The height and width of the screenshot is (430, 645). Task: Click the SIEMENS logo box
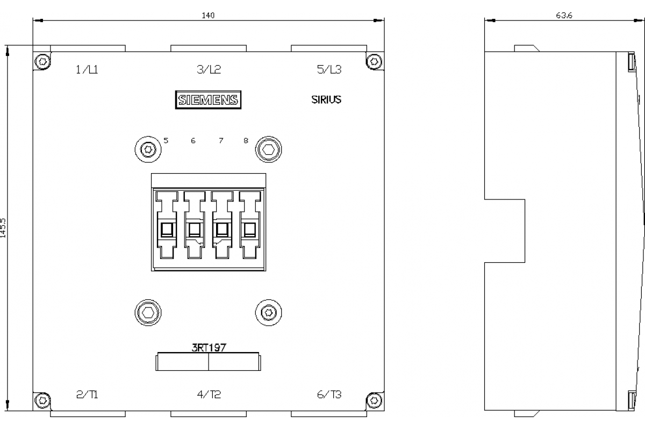pyautogui.click(x=208, y=100)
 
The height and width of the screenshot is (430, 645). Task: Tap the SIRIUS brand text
pyautogui.click(x=326, y=99)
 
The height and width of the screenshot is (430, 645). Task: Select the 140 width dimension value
pyautogui.click(x=208, y=16)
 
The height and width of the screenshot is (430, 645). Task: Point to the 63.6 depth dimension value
pyautogui.click(x=564, y=16)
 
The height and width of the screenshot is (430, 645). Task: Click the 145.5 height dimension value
pyautogui.click(x=3, y=228)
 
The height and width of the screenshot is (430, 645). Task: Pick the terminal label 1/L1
pyautogui.click(x=87, y=70)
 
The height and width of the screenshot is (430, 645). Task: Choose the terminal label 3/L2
pyautogui.click(x=209, y=69)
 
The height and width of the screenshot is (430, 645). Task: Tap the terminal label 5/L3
pyautogui.click(x=329, y=69)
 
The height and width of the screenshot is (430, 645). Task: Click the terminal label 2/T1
pyautogui.click(x=87, y=395)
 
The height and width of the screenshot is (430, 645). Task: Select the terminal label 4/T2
pyautogui.click(x=209, y=395)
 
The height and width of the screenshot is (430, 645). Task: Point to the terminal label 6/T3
pyautogui.click(x=329, y=395)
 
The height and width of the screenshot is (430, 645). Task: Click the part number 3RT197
pyautogui.click(x=209, y=348)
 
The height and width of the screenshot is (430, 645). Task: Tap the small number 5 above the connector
pyautogui.click(x=166, y=140)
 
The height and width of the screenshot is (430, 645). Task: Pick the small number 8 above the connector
pyautogui.click(x=246, y=140)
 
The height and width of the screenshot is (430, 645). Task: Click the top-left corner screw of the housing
pyautogui.click(x=42, y=61)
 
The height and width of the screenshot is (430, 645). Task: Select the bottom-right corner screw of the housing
pyautogui.click(x=374, y=400)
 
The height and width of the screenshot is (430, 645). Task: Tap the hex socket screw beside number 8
pyautogui.click(x=268, y=149)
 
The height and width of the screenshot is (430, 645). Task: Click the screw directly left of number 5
pyautogui.click(x=148, y=149)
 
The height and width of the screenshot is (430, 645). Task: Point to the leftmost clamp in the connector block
pyautogui.click(x=167, y=225)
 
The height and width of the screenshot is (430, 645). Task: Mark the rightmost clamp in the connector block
pyautogui.click(x=250, y=225)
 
